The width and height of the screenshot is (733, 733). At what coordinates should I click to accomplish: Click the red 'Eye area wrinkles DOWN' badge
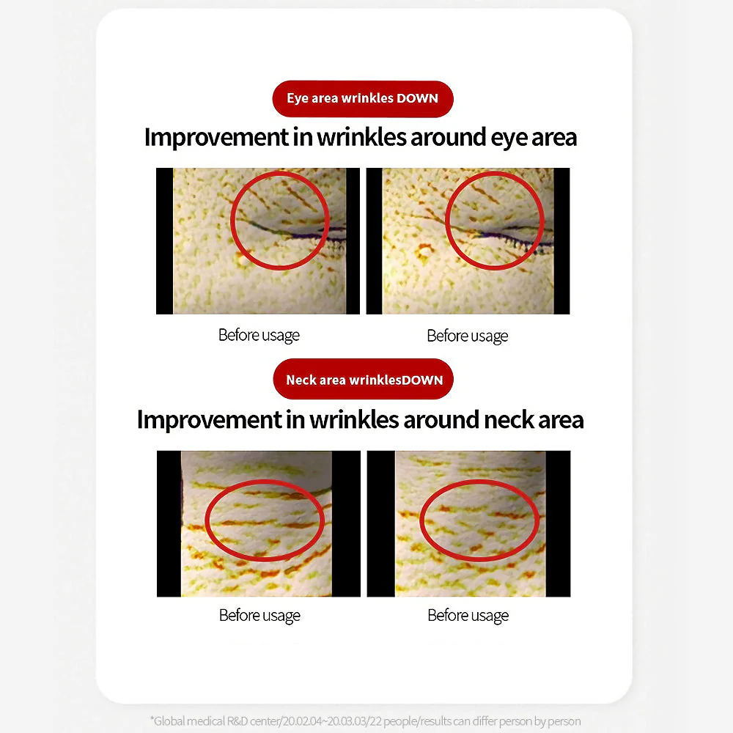click(x=363, y=99)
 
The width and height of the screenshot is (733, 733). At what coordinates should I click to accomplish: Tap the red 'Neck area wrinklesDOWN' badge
click(x=364, y=379)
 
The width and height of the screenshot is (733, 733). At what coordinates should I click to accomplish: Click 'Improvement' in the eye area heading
click(x=216, y=138)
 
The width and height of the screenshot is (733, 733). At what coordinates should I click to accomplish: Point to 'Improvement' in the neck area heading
click(x=210, y=420)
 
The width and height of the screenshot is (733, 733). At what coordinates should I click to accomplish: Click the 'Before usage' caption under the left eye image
click(x=259, y=336)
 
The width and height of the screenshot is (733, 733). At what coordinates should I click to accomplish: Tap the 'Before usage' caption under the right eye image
click(x=468, y=336)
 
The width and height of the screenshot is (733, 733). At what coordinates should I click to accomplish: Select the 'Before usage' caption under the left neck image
click(x=259, y=616)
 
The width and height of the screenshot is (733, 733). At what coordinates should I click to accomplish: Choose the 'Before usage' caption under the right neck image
click(x=468, y=616)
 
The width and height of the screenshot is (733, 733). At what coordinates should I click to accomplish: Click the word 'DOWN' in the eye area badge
click(x=418, y=99)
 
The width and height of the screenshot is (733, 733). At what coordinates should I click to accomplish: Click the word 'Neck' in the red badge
click(x=301, y=380)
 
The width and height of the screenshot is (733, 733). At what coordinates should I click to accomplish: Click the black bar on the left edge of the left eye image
click(x=164, y=240)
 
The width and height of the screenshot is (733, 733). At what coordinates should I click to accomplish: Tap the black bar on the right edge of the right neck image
click(x=558, y=523)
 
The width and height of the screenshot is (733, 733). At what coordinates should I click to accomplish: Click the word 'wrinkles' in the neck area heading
click(x=354, y=420)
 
